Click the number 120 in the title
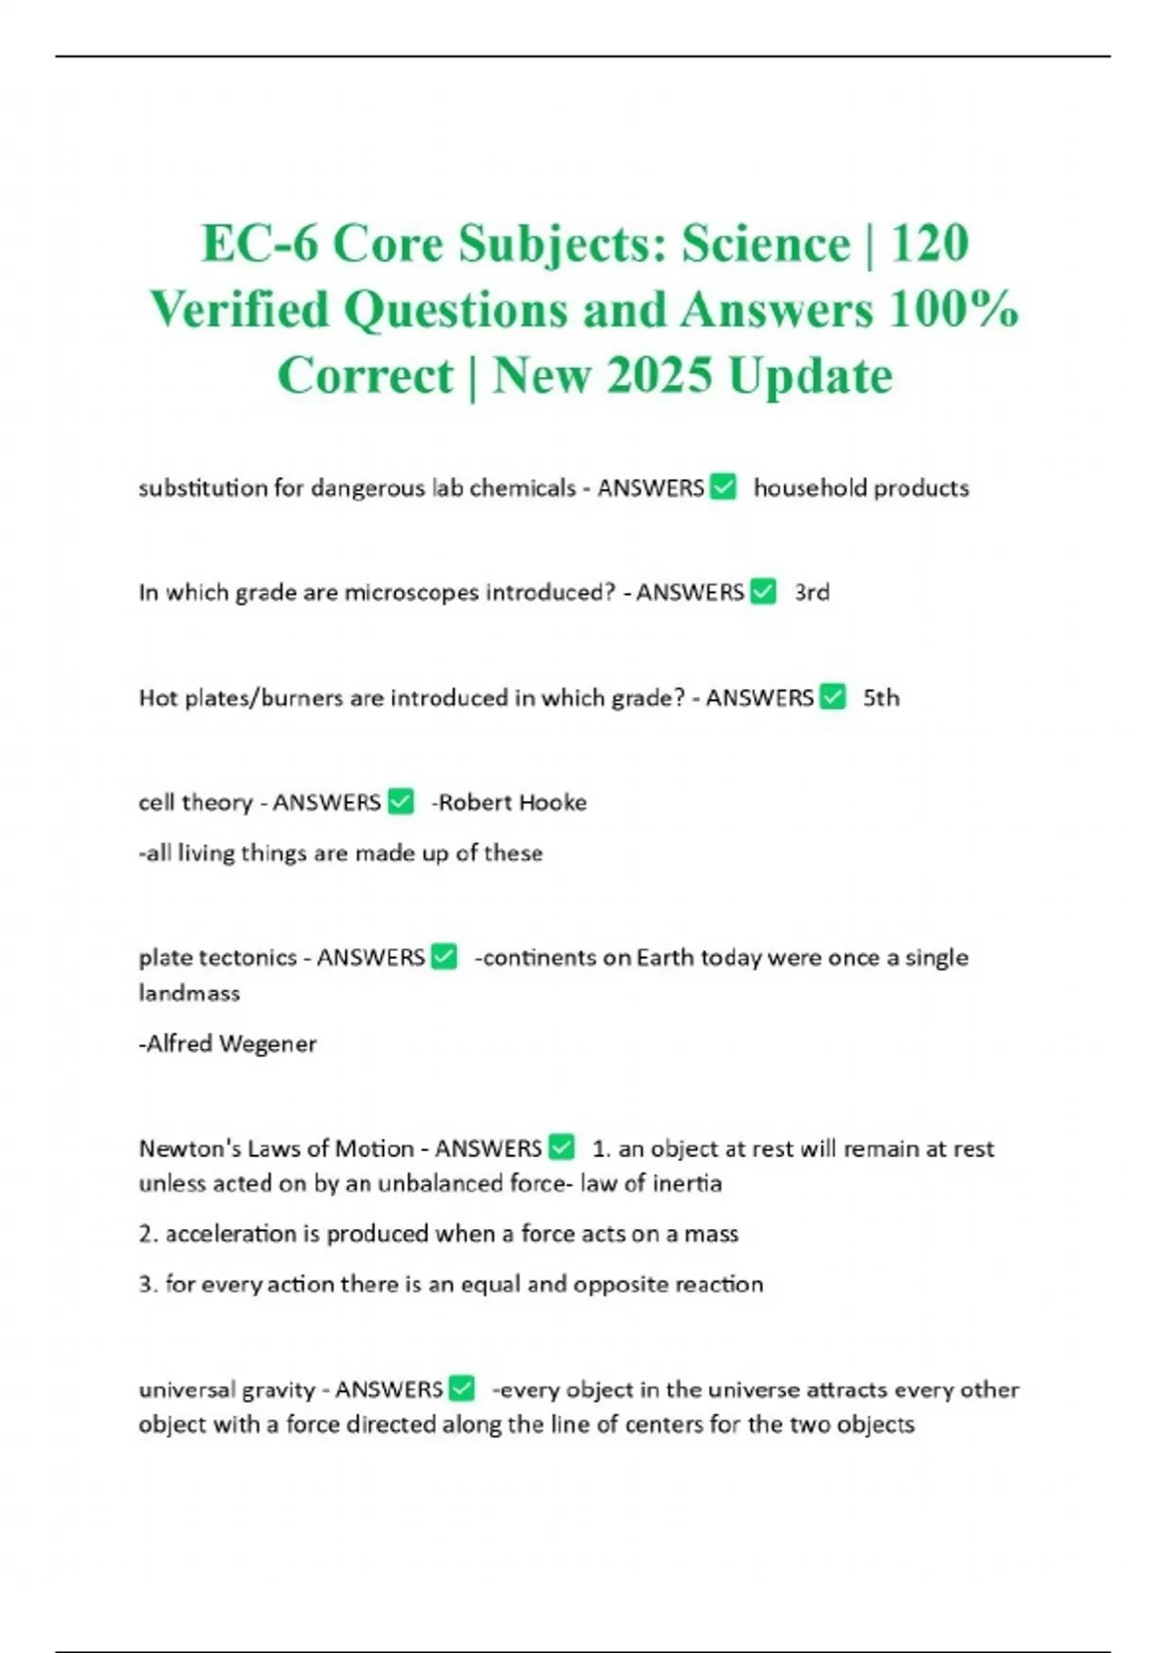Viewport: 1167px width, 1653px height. click(930, 243)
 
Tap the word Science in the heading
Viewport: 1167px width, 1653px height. click(765, 243)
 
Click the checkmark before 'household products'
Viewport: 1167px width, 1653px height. click(724, 486)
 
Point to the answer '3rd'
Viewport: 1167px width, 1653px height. click(811, 592)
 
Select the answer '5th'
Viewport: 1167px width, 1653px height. click(881, 698)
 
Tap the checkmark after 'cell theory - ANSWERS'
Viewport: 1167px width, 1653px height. click(401, 802)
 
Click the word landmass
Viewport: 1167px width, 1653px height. click(189, 993)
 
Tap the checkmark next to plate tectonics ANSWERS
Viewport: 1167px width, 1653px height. click(444, 957)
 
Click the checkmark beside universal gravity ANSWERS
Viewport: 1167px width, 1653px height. click(462, 1389)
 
